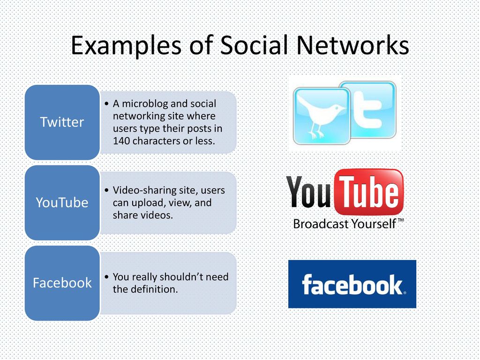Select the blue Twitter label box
(x=62, y=122)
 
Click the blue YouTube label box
(x=62, y=202)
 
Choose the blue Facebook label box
(x=62, y=283)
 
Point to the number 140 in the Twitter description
(x=121, y=141)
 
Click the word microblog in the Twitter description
(x=144, y=104)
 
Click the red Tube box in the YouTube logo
(x=369, y=192)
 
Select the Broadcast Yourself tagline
(x=345, y=224)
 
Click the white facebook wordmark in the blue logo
(x=352, y=285)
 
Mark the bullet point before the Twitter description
(x=106, y=104)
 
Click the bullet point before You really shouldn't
(x=106, y=277)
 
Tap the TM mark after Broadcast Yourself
(x=400, y=220)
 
